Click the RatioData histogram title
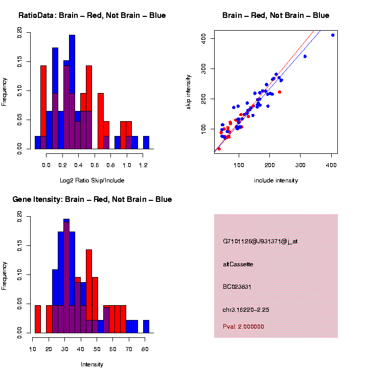coord(92,15)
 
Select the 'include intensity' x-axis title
coord(275,180)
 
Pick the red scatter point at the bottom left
coord(219,149)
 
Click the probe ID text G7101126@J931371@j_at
coord(260,241)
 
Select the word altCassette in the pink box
coord(238,264)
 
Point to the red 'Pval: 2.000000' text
coord(243,327)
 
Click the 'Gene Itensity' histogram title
coord(92,199)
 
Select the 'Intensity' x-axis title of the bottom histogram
coord(92,364)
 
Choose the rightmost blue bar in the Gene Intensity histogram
coord(146,327)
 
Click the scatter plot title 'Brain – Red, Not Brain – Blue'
coord(275,15)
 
